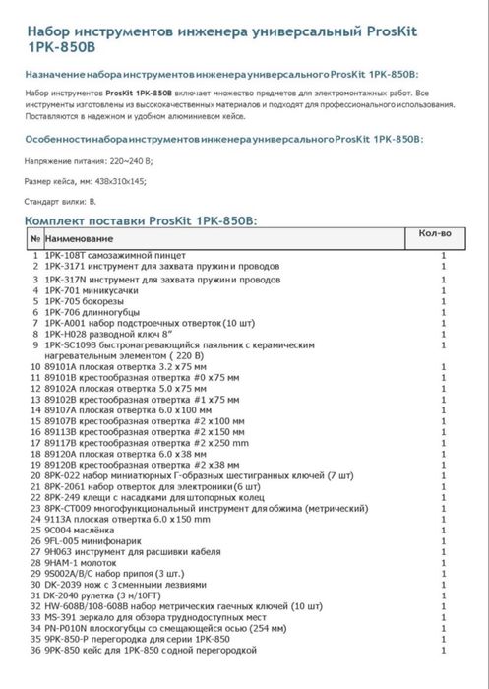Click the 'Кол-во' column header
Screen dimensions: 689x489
point(434,234)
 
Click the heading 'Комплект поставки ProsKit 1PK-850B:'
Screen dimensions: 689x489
point(140,221)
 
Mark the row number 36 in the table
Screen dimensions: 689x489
point(34,649)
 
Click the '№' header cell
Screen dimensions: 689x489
point(34,238)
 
